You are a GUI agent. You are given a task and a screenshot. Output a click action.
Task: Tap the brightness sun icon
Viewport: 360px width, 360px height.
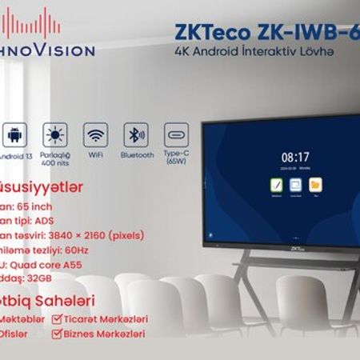(56, 134)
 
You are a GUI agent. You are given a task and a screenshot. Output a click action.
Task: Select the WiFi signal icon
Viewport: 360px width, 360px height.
(96, 134)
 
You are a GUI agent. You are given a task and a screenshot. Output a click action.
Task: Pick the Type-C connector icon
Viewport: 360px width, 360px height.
(176, 134)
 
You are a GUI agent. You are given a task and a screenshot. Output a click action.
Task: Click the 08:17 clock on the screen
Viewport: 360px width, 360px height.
(295, 157)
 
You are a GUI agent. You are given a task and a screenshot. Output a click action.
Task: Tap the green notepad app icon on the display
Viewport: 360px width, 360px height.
(277, 185)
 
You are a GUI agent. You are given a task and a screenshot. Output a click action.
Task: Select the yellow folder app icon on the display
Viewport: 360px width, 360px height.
(315, 185)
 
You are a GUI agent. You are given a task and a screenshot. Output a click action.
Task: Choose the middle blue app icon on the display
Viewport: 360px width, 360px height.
(296, 185)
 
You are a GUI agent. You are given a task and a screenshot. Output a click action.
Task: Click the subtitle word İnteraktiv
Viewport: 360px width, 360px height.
(273, 52)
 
